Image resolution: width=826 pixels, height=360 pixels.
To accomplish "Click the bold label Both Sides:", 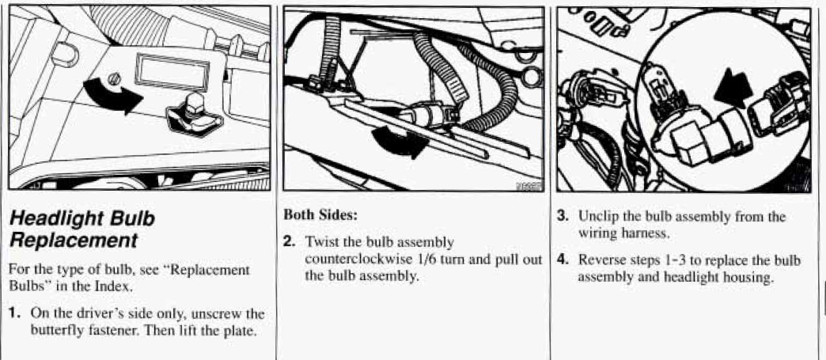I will tap(316, 214).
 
